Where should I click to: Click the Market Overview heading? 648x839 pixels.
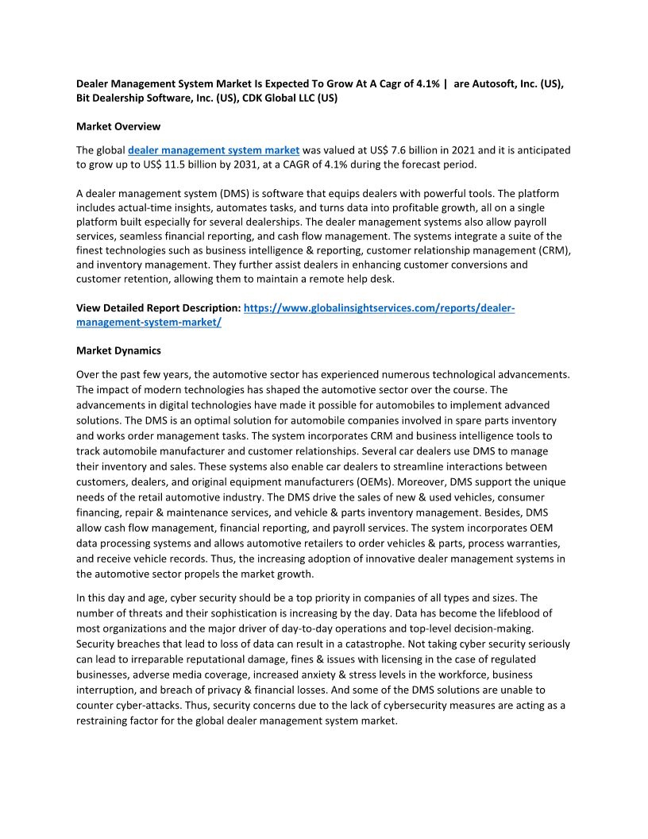118,126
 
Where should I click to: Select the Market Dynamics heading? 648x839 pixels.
118,350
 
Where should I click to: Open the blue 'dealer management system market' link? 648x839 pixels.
214,149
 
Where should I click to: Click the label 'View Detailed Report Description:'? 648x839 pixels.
157,307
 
